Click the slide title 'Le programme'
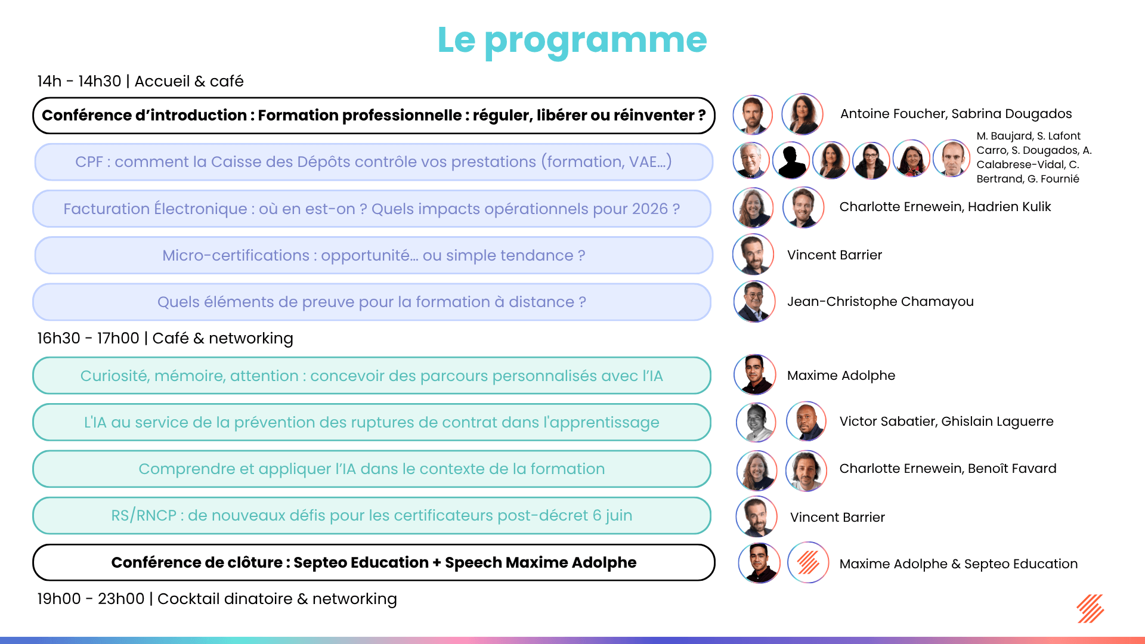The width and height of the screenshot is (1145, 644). tap(572, 40)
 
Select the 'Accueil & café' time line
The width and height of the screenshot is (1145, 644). tap(140, 81)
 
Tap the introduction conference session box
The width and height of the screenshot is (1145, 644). tap(373, 115)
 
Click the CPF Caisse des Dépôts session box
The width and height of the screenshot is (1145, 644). tap(373, 162)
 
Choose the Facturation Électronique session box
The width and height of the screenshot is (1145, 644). tap(372, 209)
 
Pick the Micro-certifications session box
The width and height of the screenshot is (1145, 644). tap(373, 255)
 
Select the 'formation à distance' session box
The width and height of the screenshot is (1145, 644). tap(372, 302)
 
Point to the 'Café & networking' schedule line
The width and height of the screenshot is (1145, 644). tap(165, 338)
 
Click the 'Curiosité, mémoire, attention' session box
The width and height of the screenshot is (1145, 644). tap(372, 376)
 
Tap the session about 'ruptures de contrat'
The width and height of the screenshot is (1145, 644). tap(372, 422)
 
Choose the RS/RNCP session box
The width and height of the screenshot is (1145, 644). tap(372, 515)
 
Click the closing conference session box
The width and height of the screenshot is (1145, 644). tap(373, 562)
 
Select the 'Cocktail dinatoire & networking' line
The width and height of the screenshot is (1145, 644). tap(217, 599)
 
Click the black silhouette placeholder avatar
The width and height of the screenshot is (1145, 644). tap(791, 160)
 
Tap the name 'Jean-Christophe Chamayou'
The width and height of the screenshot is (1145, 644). tap(880, 302)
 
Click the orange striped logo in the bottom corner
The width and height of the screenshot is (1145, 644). tap(1090, 609)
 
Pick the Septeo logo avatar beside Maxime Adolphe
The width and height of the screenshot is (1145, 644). tap(808, 562)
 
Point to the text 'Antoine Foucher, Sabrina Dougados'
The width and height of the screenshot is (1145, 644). tap(956, 114)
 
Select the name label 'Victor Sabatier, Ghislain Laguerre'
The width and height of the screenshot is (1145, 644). tap(946, 422)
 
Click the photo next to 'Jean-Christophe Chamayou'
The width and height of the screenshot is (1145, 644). tap(754, 302)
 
